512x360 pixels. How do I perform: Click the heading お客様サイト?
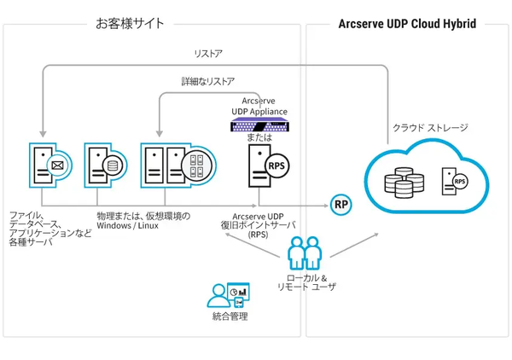(x=130, y=23)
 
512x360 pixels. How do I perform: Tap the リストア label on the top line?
(x=207, y=54)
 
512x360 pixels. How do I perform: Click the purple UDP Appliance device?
(x=259, y=126)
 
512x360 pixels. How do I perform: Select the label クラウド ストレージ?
(x=430, y=127)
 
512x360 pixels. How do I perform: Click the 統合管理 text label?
(x=229, y=317)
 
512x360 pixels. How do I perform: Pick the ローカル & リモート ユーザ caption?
(x=306, y=283)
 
